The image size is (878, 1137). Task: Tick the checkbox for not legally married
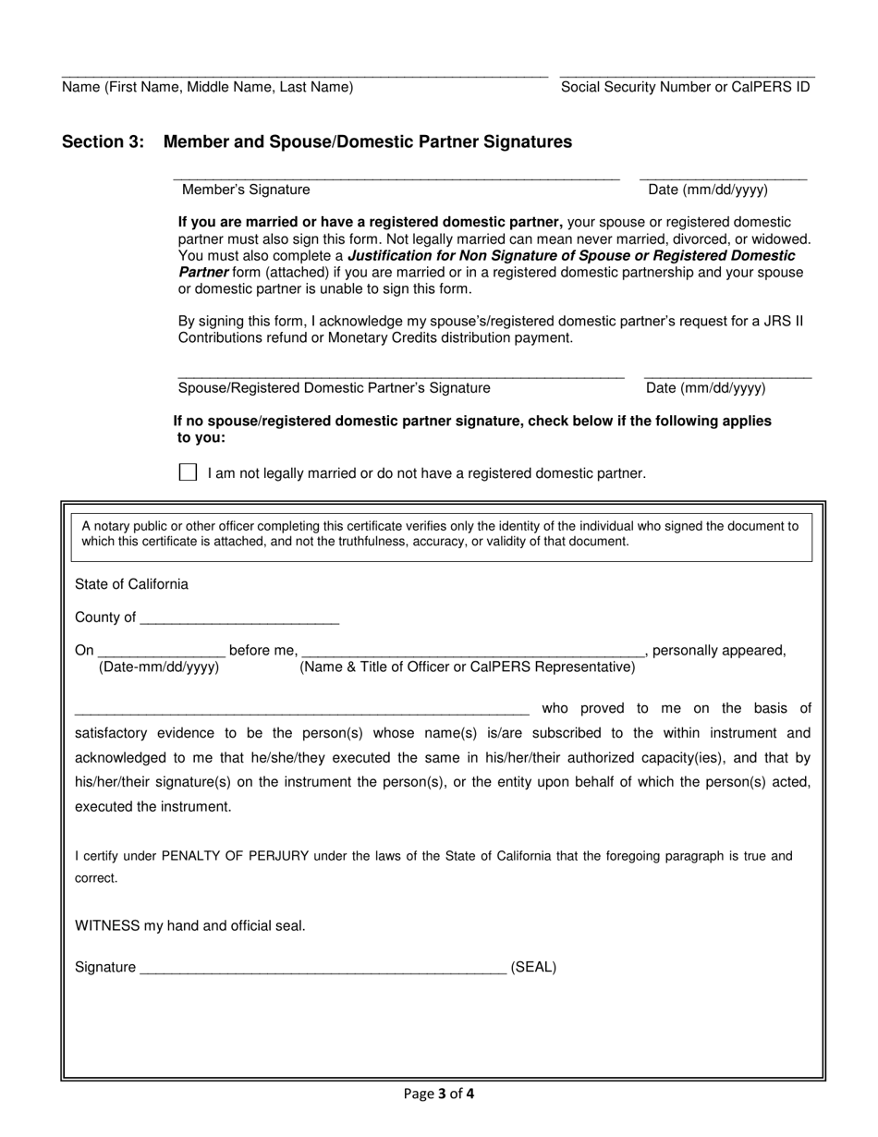(188, 472)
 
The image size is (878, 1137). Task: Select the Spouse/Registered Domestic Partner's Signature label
(334, 388)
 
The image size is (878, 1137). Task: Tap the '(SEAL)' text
(533, 968)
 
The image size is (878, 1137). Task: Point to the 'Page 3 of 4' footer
(439, 1094)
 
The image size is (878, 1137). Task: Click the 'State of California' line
(131, 584)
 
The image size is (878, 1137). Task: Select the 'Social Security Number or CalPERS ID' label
(685, 87)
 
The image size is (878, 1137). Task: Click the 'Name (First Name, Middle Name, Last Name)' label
(207, 87)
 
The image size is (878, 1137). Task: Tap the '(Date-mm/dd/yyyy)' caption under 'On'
(159, 667)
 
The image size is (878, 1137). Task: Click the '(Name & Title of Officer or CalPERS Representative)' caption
(467, 667)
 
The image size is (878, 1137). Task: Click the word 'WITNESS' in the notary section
(107, 925)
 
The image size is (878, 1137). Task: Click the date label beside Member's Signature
(708, 189)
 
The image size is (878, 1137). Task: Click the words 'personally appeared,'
(719, 650)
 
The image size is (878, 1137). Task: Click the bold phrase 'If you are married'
(234, 222)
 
